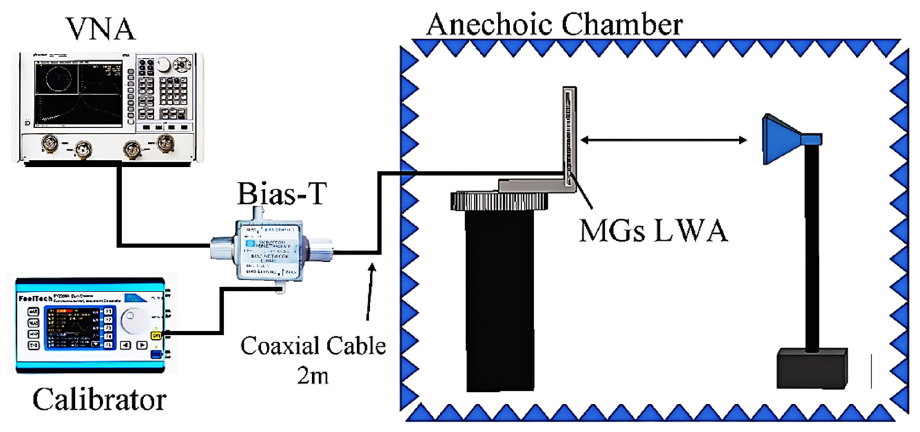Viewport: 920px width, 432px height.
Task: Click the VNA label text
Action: (100, 29)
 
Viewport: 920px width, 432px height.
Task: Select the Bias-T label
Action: (281, 194)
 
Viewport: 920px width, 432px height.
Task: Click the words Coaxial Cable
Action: (313, 346)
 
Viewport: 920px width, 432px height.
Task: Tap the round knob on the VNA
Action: (163, 65)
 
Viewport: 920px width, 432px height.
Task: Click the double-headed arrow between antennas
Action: (663, 140)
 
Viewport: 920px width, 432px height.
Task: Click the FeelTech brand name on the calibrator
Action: (35, 298)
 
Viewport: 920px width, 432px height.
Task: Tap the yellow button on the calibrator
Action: (156, 336)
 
